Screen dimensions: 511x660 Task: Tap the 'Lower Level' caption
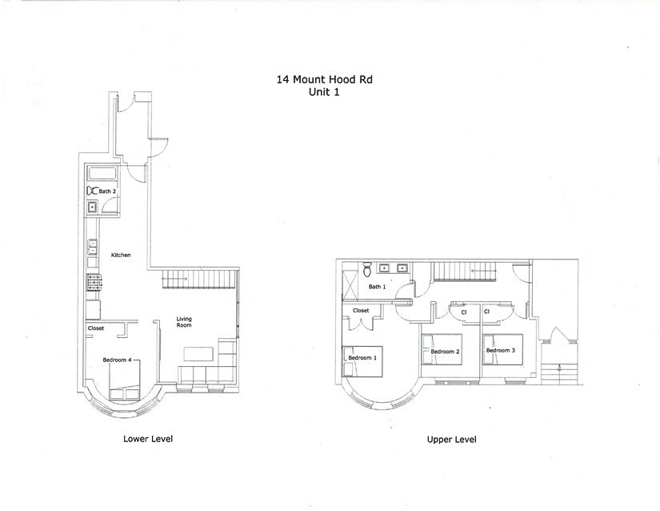(148, 439)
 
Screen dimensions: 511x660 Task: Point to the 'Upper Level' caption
(453, 440)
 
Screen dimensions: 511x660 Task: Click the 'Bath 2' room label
(108, 191)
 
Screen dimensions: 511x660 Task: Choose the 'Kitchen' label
(121, 255)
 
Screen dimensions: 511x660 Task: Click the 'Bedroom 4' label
(117, 360)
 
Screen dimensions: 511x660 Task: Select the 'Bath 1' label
(377, 286)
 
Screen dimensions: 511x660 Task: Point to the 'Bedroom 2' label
(444, 352)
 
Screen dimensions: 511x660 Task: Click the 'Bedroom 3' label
(500, 351)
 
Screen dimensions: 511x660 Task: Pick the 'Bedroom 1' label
(362, 357)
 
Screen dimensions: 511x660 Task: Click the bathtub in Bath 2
(105, 174)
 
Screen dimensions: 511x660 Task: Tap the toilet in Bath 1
(368, 269)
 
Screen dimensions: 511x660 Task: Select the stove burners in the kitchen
(92, 281)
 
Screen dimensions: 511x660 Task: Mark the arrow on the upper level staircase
(480, 271)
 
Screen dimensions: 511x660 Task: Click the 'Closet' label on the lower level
(97, 328)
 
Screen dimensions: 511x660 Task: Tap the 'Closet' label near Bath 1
(361, 310)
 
